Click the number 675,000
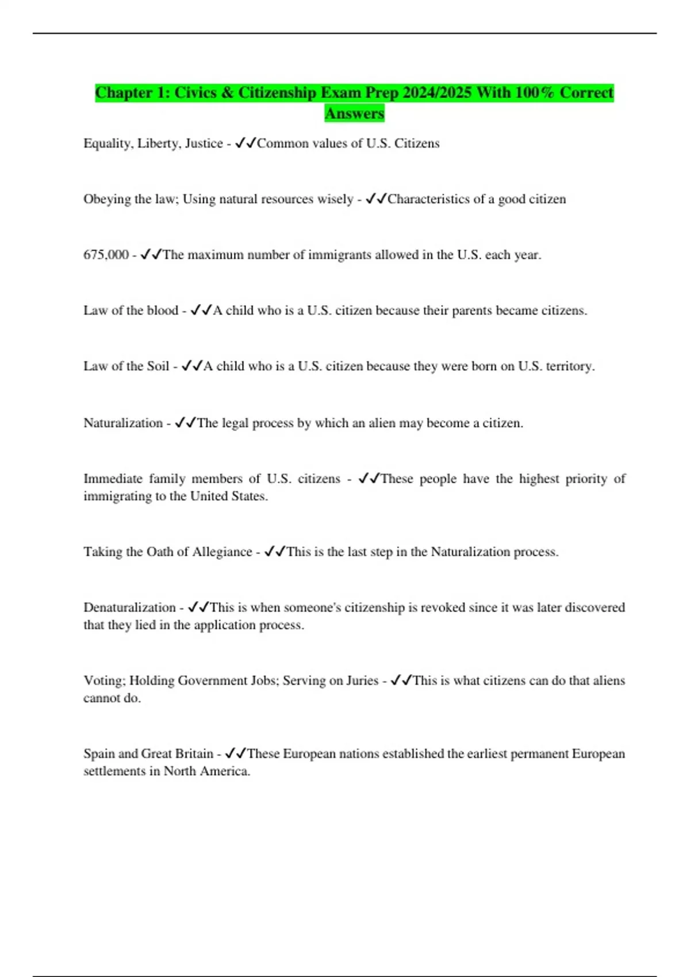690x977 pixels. pyautogui.click(x=106, y=255)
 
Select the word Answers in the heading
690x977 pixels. pyautogui.click(x=354, y=113)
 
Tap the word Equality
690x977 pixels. pyautogui.click(x=107, y=144)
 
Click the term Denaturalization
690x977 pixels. pyautogui.click(x=129, y=607)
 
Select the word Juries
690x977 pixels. pyautogui.click(x=362, y=681)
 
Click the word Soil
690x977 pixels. pyautogui.click(x=158, y=366)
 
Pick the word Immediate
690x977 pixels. pyautogui.click(x=113, y=479)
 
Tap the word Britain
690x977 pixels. pyautogui.click(x=194, y=753)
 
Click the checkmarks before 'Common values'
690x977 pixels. pyautogui.click(x=246, y=143)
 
